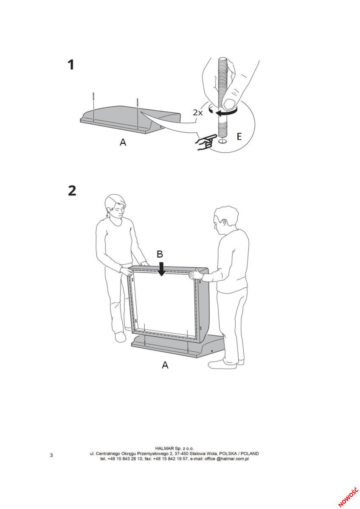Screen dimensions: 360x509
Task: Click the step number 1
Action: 71,64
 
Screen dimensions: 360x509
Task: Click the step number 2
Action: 72,190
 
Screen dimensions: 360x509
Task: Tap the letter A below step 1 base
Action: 123,142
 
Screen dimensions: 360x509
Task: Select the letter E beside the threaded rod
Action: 239,136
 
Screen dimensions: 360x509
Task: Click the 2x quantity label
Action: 198,112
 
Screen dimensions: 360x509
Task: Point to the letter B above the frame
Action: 160,254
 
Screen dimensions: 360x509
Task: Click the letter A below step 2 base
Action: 165,365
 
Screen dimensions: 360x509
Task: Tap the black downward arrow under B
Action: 161,269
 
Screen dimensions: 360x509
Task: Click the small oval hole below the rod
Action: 222,141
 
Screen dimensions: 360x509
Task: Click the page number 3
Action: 51,455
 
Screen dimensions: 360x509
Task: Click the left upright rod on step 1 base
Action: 93,106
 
